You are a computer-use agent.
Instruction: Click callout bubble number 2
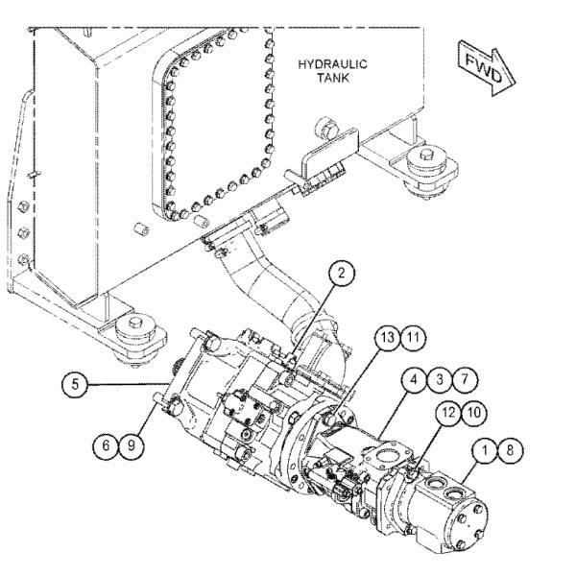tap(342, 274)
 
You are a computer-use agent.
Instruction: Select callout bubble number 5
tap(75, 385)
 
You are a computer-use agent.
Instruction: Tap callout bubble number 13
tap(388, 338)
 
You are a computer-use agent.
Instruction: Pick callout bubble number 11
tap(413, 338)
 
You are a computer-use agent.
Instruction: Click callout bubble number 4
tap(415, 379)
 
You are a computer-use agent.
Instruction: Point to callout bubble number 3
tap(440, 379)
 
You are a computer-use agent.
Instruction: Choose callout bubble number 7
tap(465, 379)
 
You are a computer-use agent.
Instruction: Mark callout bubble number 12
tap(448, 413)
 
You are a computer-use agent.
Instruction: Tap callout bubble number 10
tap(474, 413)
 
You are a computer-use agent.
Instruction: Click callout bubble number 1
tap(485, 450)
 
